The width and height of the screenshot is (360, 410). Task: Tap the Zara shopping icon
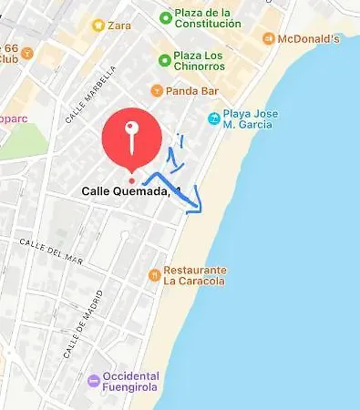point(98,25)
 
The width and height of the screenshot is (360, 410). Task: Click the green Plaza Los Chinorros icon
point(164,59)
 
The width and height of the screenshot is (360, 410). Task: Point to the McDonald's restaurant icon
point(268,38)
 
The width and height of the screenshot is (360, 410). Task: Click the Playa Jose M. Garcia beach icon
point(212,118)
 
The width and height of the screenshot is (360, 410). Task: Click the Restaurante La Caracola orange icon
point(155,274)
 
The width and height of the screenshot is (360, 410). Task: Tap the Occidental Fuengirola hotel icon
point(94,381)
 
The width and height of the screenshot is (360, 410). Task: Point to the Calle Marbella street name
point(91,94)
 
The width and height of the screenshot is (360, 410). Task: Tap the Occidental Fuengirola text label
point(131,382)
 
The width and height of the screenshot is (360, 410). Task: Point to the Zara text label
point(118,25)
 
